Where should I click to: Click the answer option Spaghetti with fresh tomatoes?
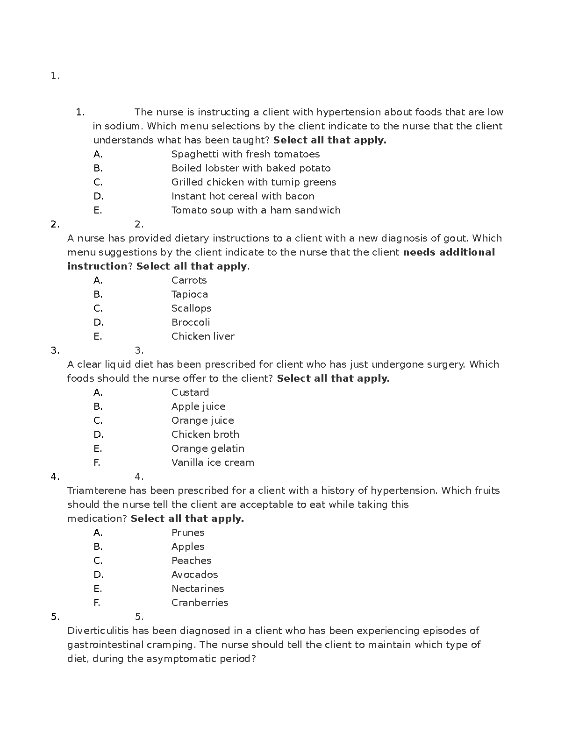(x=245, y=154)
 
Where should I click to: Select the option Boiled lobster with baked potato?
(x=251, y=168)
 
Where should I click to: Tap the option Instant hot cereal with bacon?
(x=243, y=196)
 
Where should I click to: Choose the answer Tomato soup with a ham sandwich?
(x=256, y=210)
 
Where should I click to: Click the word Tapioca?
(x=189, y=294)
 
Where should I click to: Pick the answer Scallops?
(x=191, y=308)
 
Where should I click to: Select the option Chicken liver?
(x=203, y=336)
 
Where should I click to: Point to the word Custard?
(x=190, y=392)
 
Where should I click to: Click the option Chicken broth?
(x=205, y=434)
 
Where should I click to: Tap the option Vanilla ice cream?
(x=213, y=462)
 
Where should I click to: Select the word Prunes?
(x=188, y=533)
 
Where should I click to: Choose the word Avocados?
(x=194, y=575)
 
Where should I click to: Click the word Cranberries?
(x=200, y=603)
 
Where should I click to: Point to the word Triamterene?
(x=97, y=491)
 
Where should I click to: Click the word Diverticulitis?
(x=98, y=631)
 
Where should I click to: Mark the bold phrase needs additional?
(x=449, y=252)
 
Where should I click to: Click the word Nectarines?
(x=198, y=589)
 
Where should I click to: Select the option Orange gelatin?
(x=207, y=448)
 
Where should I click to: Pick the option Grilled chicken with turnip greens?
(x=254, y=182)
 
